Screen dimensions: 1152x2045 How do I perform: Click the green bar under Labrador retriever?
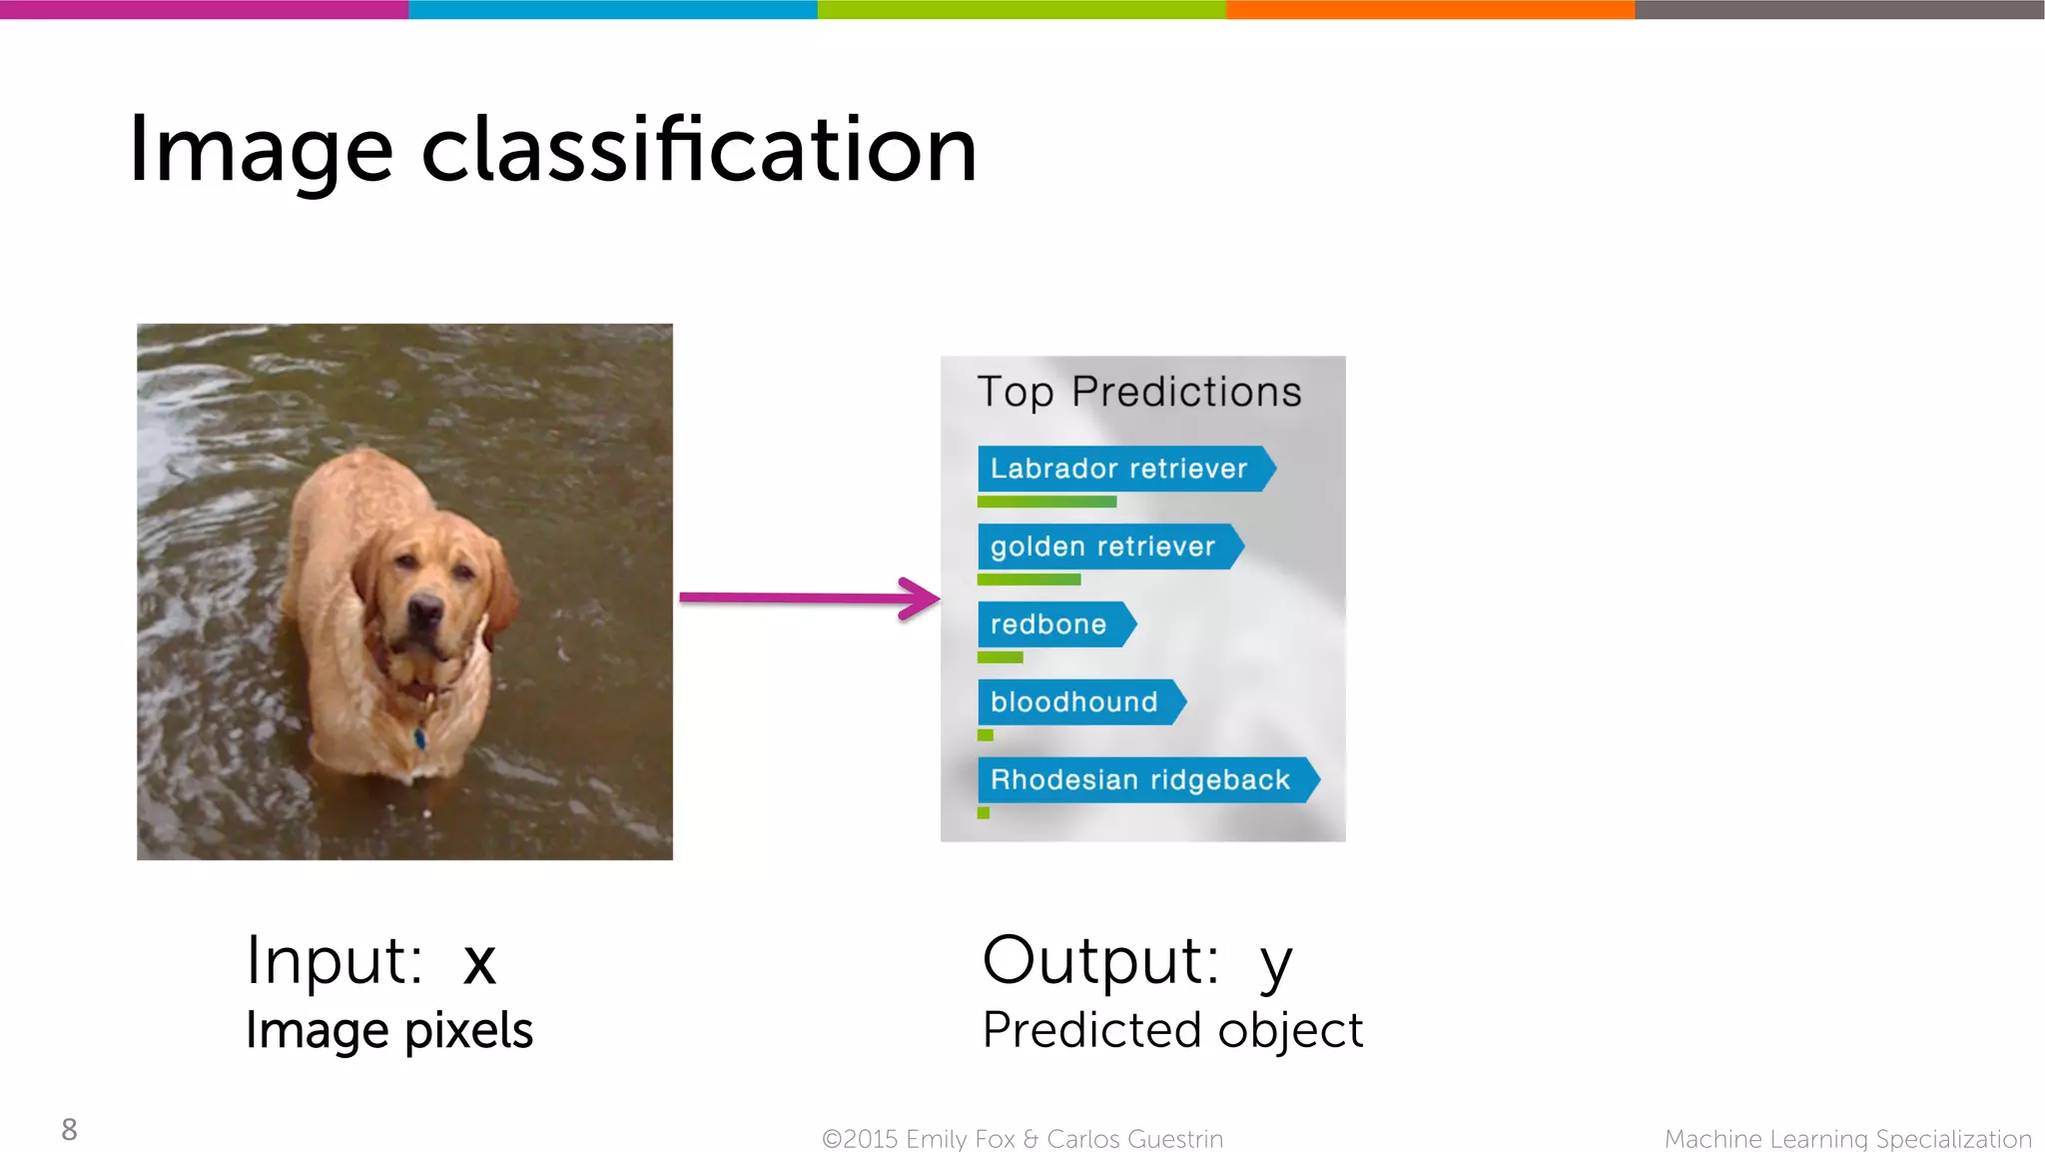tap(1046, 502)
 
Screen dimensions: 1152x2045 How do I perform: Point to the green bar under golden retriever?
tap(1028, 579)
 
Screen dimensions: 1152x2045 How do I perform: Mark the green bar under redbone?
tap(1000, 657)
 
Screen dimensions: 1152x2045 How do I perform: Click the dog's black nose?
tap(425, 607)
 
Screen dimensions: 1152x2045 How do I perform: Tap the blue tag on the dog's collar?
tap(420, 738)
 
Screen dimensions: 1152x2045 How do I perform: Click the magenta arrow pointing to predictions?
tap(809, 598)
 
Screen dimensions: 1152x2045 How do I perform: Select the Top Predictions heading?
tap(1139, 392)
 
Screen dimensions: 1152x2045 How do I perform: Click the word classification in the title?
tap(699, 150)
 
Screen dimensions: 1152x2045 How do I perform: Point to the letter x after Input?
tap(479, 962)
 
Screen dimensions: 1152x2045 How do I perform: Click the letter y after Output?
tap(1275, 964)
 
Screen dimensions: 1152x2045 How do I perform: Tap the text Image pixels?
tap(389, 1031)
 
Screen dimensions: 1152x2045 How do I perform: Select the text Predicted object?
tap(1172, 1031)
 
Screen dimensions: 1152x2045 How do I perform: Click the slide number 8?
tap(69, 1129)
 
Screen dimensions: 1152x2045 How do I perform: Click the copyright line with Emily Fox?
tap(1022, 1139)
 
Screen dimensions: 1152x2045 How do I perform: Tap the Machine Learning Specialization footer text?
tap(1847, 1139)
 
